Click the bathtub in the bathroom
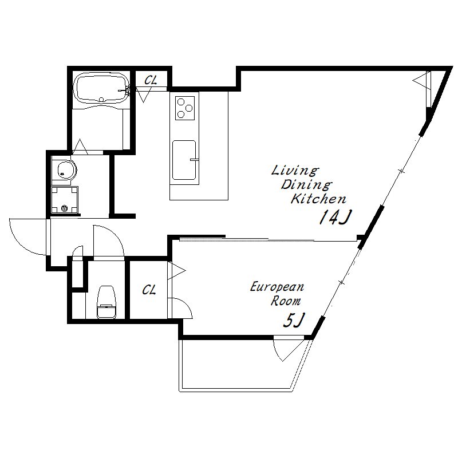click(x=101, y=88)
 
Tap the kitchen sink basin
click(x=184, y=160)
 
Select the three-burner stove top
click(x=185, y=108)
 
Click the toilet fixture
click(x=106, y=302)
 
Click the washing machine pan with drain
click(x=65, y=200)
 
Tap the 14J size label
click(x=335, y=218)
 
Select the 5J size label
click(x=294, y=320)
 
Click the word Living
click(x=295, y=171)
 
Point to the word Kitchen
click(x=319, y=199)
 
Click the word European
click(x=277, y=287)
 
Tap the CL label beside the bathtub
click(x=151, y=80)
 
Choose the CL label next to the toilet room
click(x=149, y=290)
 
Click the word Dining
click(x=307, y=184)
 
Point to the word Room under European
click(x=286, y=301)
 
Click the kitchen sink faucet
click(x=194, y=160)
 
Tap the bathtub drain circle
click(x=101, y=100)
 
